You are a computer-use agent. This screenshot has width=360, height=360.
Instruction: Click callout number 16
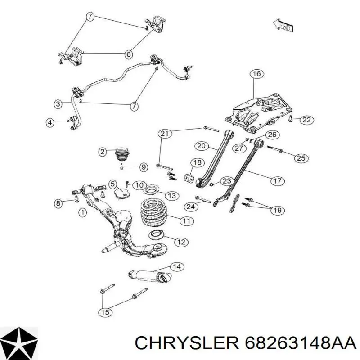256,74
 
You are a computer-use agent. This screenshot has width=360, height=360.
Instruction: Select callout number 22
306,120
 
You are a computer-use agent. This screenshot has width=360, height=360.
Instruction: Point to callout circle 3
58,104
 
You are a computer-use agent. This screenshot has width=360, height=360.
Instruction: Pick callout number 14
177,266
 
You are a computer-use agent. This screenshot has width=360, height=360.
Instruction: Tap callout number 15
105,312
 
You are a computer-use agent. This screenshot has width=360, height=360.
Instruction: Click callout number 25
301,158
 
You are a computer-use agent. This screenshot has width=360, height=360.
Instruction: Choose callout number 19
278,210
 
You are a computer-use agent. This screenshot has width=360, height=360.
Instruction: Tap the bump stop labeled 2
122,154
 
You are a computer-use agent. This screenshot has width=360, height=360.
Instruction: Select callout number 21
165,133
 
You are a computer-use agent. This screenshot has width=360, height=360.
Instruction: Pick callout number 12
181,242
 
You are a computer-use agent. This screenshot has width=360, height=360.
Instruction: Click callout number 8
58,203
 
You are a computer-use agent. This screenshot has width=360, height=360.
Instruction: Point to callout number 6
129,54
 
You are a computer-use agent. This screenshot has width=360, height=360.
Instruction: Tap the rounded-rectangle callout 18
198,166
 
